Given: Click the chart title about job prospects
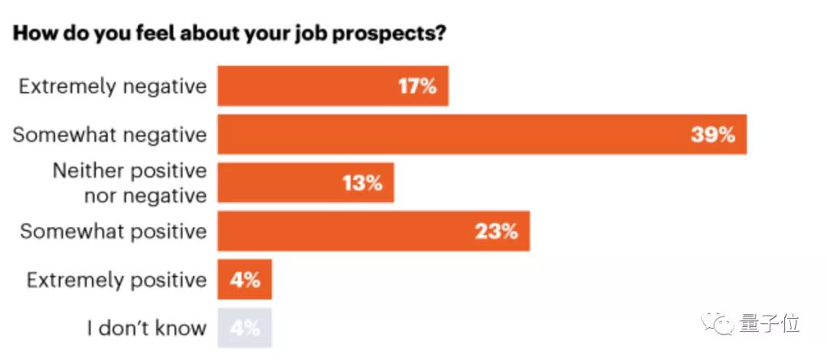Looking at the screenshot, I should (x=230, y=35).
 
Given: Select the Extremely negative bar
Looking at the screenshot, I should (x=332, y=86).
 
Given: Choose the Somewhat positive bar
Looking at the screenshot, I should (x=373, y=231).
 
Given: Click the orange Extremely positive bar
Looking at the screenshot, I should (x=244, y=280).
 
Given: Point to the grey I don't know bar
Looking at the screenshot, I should (x=244, y=329).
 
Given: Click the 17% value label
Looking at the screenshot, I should (x=417, y=86).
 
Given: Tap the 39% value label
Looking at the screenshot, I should (x=713, y=135).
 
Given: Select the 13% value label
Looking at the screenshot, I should (x=363, y=183).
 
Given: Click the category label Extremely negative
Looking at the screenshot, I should (x=113, y=86).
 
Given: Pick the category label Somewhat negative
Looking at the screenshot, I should (x=110, y=135).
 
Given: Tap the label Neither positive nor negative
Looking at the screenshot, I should (x=129, y=183).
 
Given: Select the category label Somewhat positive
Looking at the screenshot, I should (x=113, y=231).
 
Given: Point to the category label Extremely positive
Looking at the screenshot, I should (x=116, y=280).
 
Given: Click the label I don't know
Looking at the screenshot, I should (x=146, y=329).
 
